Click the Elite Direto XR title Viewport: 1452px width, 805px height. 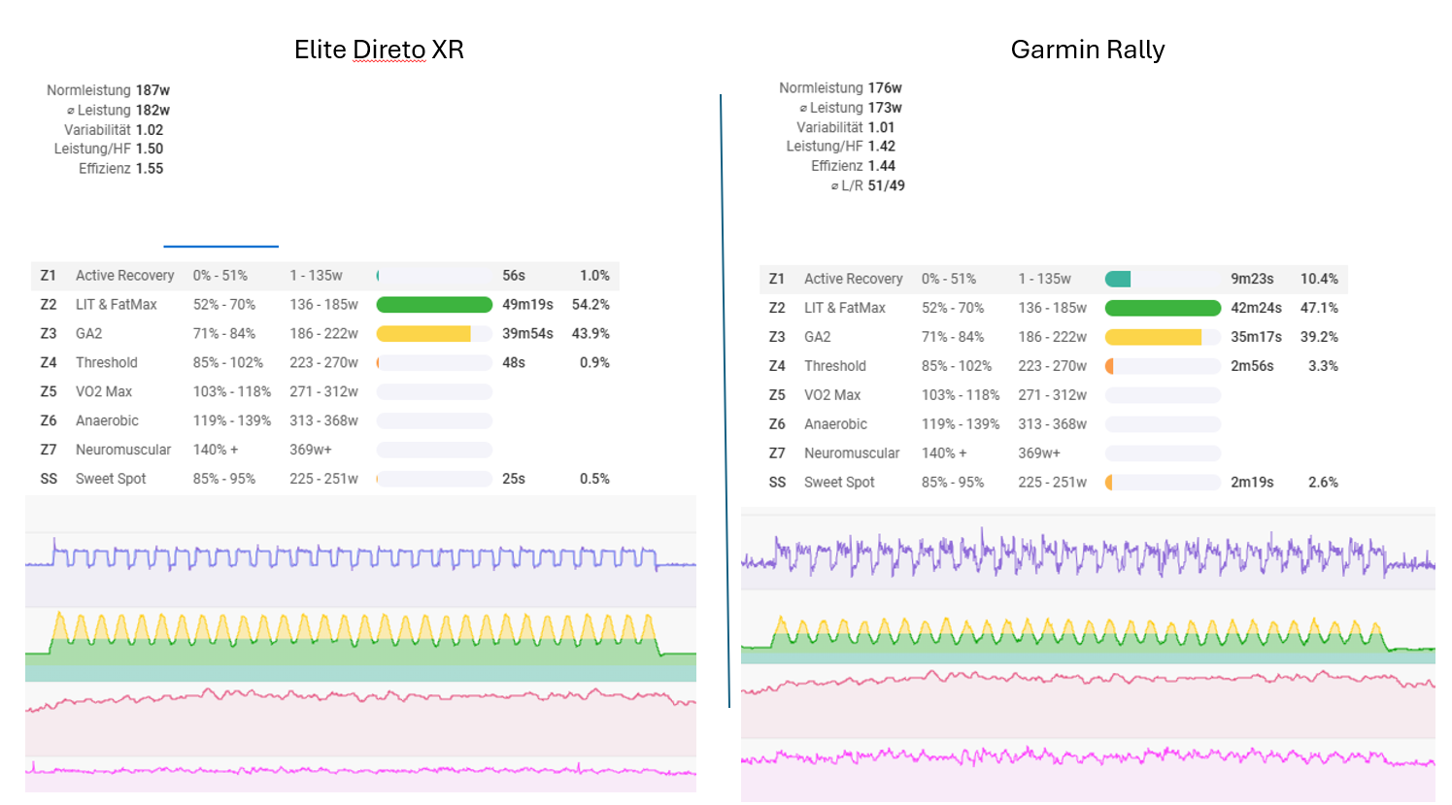pos(379,50)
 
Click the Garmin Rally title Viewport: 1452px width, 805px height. pos(1087,50)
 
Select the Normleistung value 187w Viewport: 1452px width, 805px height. pos(152,90)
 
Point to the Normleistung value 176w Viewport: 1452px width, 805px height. pos(885,88)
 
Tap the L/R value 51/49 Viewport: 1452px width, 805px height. pos(886,185)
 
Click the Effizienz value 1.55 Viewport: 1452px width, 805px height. pos(150,168)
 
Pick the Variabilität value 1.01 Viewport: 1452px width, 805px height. pos(881,127)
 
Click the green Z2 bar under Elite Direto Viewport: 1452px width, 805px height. pos(434,305)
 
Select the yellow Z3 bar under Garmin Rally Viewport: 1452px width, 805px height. pos(1153,337)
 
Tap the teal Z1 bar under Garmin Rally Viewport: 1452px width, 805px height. pos(1118,279)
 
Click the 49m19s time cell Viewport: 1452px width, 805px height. pos(527,305)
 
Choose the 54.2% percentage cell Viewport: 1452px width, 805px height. pos(591,305)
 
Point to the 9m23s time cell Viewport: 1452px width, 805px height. pos(1252,279)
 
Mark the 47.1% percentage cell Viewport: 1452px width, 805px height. pos(1319,308)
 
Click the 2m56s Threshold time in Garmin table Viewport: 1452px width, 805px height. pos(1252,366)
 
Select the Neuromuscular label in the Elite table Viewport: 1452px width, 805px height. pos(123,450)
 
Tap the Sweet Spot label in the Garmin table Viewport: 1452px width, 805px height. pos(839,483)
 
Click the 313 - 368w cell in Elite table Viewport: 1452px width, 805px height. pos(323,420)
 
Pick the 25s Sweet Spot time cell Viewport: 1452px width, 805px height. pos(514,479)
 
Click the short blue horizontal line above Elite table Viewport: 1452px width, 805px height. pos(220,247)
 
